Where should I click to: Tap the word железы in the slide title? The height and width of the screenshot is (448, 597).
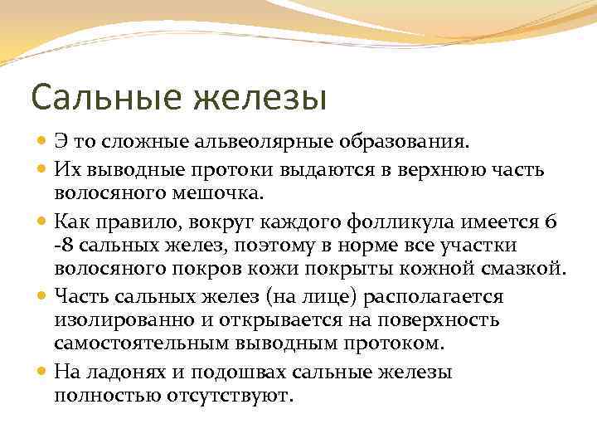coord(260,97)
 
